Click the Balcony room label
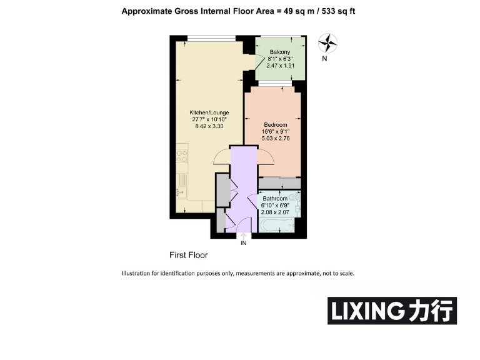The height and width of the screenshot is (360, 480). click(279, 52)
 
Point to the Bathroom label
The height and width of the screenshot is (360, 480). click(275, 199)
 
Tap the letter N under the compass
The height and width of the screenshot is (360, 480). click(324, 60)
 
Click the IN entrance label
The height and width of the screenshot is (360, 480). click(244, 243)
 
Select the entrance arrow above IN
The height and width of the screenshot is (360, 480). click(244, 236)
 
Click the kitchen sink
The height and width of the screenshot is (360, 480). click(182, 181)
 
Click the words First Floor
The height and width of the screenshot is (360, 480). click(189, 255)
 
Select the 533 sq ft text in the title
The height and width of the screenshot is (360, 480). click(337, 11)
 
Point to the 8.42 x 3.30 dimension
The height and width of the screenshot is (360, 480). click(209, 126)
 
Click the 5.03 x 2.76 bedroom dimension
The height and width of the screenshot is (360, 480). click(274, 138)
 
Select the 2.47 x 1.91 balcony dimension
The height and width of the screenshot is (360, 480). click(279, 66)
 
